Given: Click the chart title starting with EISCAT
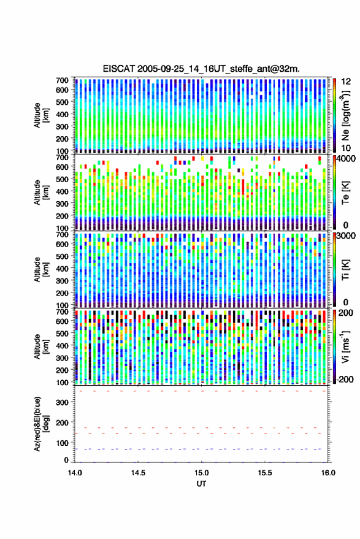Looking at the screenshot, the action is pyautogui.click(x=201, y=69).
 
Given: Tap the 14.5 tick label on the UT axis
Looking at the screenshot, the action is pyautogui.click(x=138, y=473).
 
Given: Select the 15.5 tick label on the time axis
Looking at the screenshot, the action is pyautogui.click(x=265, y=473).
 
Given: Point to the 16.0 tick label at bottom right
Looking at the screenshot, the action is pyautogui.click(x=328, y=473).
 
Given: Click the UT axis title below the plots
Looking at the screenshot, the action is pyautogui.click(x=202, y=484).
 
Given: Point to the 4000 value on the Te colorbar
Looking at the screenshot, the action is pyautogui.click(x=347, y=159).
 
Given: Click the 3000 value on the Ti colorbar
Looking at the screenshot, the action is pyautogui.click(x=347, y=236).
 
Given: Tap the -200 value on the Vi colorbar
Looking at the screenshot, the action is pyautogui.click(x=345, y=380).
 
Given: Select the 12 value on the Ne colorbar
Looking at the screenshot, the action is pyautogui.click(x=347, y=82).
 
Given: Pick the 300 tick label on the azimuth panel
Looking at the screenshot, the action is pyautogui.click(x=62, y=402).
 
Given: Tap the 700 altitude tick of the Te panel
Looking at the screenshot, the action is pyautogui.click(x=62, y=158).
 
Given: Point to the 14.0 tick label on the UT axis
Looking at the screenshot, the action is pyautogui.click(x=75, y=473).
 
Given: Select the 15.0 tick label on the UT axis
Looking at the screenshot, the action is pyautogui.click(x=201, y=473).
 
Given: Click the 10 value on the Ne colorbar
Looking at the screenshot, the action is pyautogui.click(x=347, y=148).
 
